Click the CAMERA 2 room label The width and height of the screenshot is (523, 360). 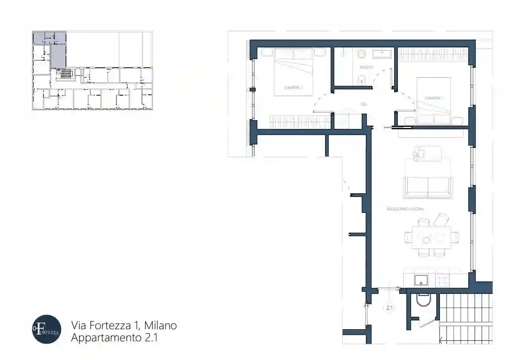(x=293, y=88)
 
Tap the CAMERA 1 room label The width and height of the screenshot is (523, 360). (x=434, y=98)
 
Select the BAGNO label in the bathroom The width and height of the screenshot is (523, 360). (x=367, y=67)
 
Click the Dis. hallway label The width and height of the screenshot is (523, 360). (x=363, y=104)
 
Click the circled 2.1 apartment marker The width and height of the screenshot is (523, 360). (x=390, y=308)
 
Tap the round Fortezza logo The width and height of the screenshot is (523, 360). (x=47, y=329)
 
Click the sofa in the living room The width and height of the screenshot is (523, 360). (x=428, y=187)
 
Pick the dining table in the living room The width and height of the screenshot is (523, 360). (x=432, y=237)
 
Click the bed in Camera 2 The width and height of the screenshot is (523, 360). (x=293, y=72)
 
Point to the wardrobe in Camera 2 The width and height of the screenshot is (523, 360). (x=300, y=121)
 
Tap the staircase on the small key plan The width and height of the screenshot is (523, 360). (x=67, y=74)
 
